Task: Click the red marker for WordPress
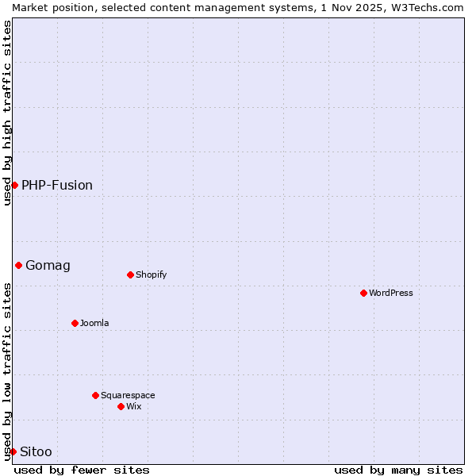(x=363, y=293)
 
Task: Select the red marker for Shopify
(x=130, y=274)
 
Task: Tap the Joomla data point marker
(x=75, y=323)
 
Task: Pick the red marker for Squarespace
(x=95, y=395)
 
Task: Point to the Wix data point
(x=121, y=406)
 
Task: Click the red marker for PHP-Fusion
(x=14, y=185)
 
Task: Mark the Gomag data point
(x=18, y=265)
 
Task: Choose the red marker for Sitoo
(x=13, y=451)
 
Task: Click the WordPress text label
(x=391, y=293)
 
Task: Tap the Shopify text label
(x=152, y=274)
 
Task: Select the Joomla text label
(x=94, y=323)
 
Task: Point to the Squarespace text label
(x=128, y=395)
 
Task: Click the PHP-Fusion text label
(x=57, y=185)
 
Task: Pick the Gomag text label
(x=48, y=265)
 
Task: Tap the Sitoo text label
(x=36, y=451)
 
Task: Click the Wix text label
(x=133, y=406)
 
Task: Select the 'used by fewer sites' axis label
(x=82, y=470)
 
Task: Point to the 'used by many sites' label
(x=398, y=470)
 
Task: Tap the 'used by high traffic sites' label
(x=7, y=113)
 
